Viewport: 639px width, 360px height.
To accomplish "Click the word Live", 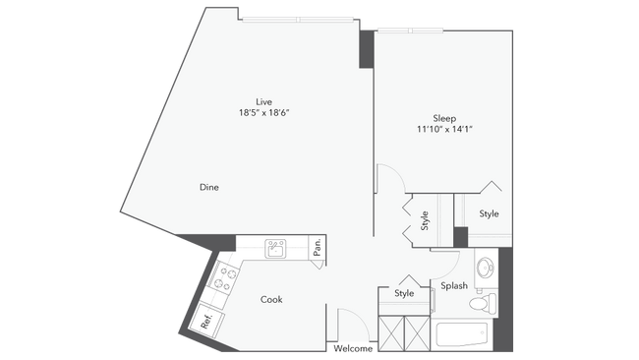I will tap(263, 101).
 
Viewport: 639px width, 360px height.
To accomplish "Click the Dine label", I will tap(208, 187).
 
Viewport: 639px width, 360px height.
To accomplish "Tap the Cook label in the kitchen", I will tap(272, 299).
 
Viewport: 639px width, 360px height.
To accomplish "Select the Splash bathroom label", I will tap(454, 286).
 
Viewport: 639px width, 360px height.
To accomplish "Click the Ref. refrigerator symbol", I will tap(207, 320).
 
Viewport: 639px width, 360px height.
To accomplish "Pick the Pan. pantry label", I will tap(318, 249).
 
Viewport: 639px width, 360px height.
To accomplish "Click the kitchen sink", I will tap(276, 249).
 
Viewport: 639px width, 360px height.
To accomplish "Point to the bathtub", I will tap(460, 335).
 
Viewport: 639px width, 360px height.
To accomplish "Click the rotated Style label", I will tap(425, 221).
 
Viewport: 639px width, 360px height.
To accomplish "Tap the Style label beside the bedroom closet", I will tap(489, 213).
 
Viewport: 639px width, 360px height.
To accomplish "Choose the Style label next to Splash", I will tap(405, 293).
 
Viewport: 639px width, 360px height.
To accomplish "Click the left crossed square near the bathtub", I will tap(392, 332).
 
